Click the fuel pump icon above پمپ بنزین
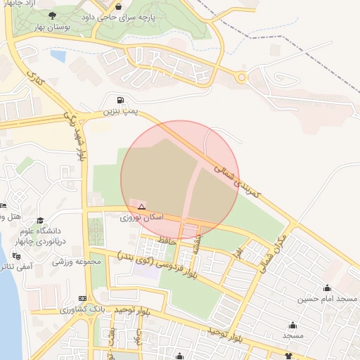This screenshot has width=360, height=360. pyautogui.click(x=122, y=100)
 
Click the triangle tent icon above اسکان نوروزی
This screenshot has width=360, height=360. pyautogui.click(x=141, y=207)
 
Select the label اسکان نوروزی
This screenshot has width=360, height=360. pyautogui.click(x=141, y=218)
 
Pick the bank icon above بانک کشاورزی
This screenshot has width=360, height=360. pyautogui.click(x=83, y=298)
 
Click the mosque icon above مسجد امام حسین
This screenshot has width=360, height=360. pyautogui.click(x=327, y=288)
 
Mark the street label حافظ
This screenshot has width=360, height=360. pyautogui.click(x=167, y=241)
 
